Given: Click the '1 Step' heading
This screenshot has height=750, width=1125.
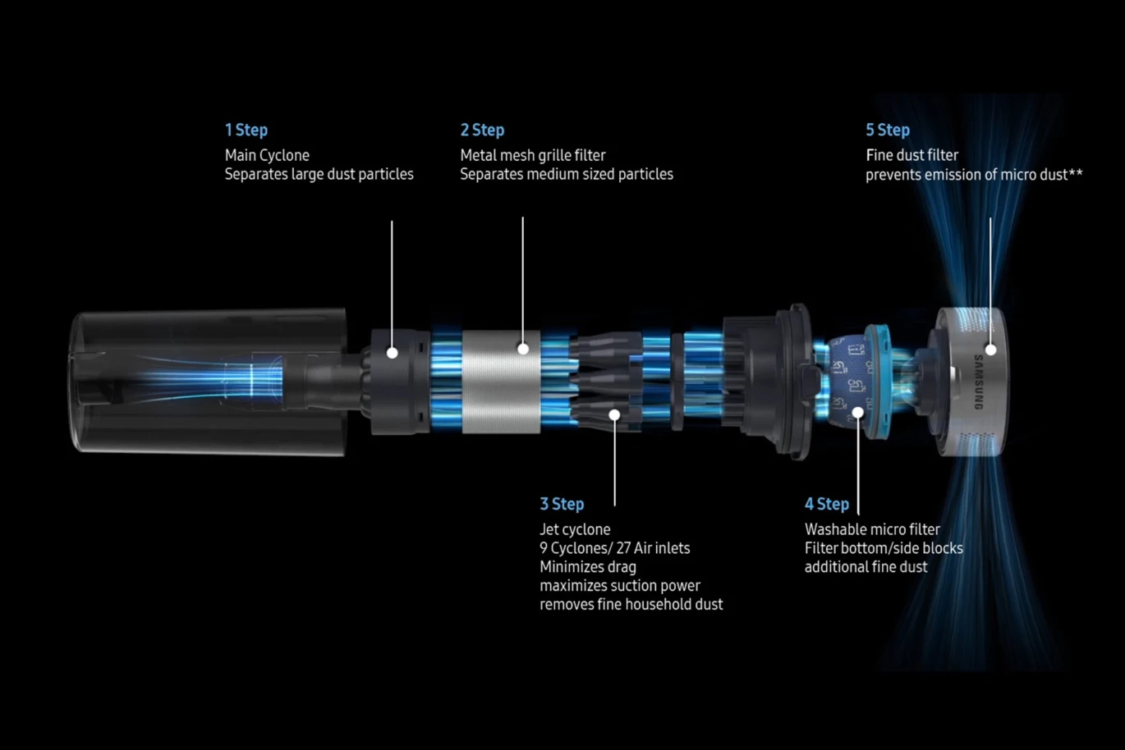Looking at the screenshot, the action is pyautogui.click(x=246, y=130).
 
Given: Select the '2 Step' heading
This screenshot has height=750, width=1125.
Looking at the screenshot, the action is pyautogui.click(x=482, y=130).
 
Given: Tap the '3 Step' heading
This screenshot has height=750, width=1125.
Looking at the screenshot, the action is pyautogui.click(x=562, y=504).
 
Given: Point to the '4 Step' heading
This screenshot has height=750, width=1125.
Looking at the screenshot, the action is pyautogui.click(x=827, y=504).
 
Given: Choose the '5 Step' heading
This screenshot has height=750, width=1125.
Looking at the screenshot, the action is pyautogui.click(x=888, y=130).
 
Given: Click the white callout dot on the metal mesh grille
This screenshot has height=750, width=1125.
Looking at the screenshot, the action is pyautogui.click(x=523, y=349).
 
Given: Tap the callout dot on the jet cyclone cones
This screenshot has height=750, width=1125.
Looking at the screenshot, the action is pyautogui.click(x=614, y=414).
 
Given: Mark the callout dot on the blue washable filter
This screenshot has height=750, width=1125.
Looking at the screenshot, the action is pyautogui.click(x=858, y=413).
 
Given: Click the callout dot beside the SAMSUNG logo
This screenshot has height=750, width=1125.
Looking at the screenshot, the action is pyautogui.click(x=990, y=350).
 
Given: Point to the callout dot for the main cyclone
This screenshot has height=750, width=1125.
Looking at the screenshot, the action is pyautogui.click(x=393, y=353).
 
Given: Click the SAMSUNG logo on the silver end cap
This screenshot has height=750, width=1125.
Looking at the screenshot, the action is pyautogui.click(x=978, y=382).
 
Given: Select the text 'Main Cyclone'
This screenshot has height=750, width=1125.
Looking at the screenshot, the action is pyautogui.click(x=267, y=156).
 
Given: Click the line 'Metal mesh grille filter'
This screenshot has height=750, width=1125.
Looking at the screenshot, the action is pyautogui.click(x=533, y=156).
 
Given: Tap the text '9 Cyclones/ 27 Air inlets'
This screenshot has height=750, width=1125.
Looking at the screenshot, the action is pyautogui.click(x=615, y=548).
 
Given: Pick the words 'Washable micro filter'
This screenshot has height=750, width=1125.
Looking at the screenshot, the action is pyautogui.click(x=872, y=529).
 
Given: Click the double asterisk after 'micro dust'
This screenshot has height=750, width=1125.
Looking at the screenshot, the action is pyautogui.click(x=1076, y=173).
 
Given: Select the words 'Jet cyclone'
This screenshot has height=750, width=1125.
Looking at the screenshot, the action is pyautogui.click(x=575, y=529).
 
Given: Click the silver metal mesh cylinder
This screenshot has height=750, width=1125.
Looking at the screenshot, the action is pyautogui.click(x=501, y=382).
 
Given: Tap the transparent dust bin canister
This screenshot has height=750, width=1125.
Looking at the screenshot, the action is pyautogui.click(x=209, y=382).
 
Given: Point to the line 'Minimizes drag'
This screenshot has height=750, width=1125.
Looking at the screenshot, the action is pyautogui.click(x=588, y=567).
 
